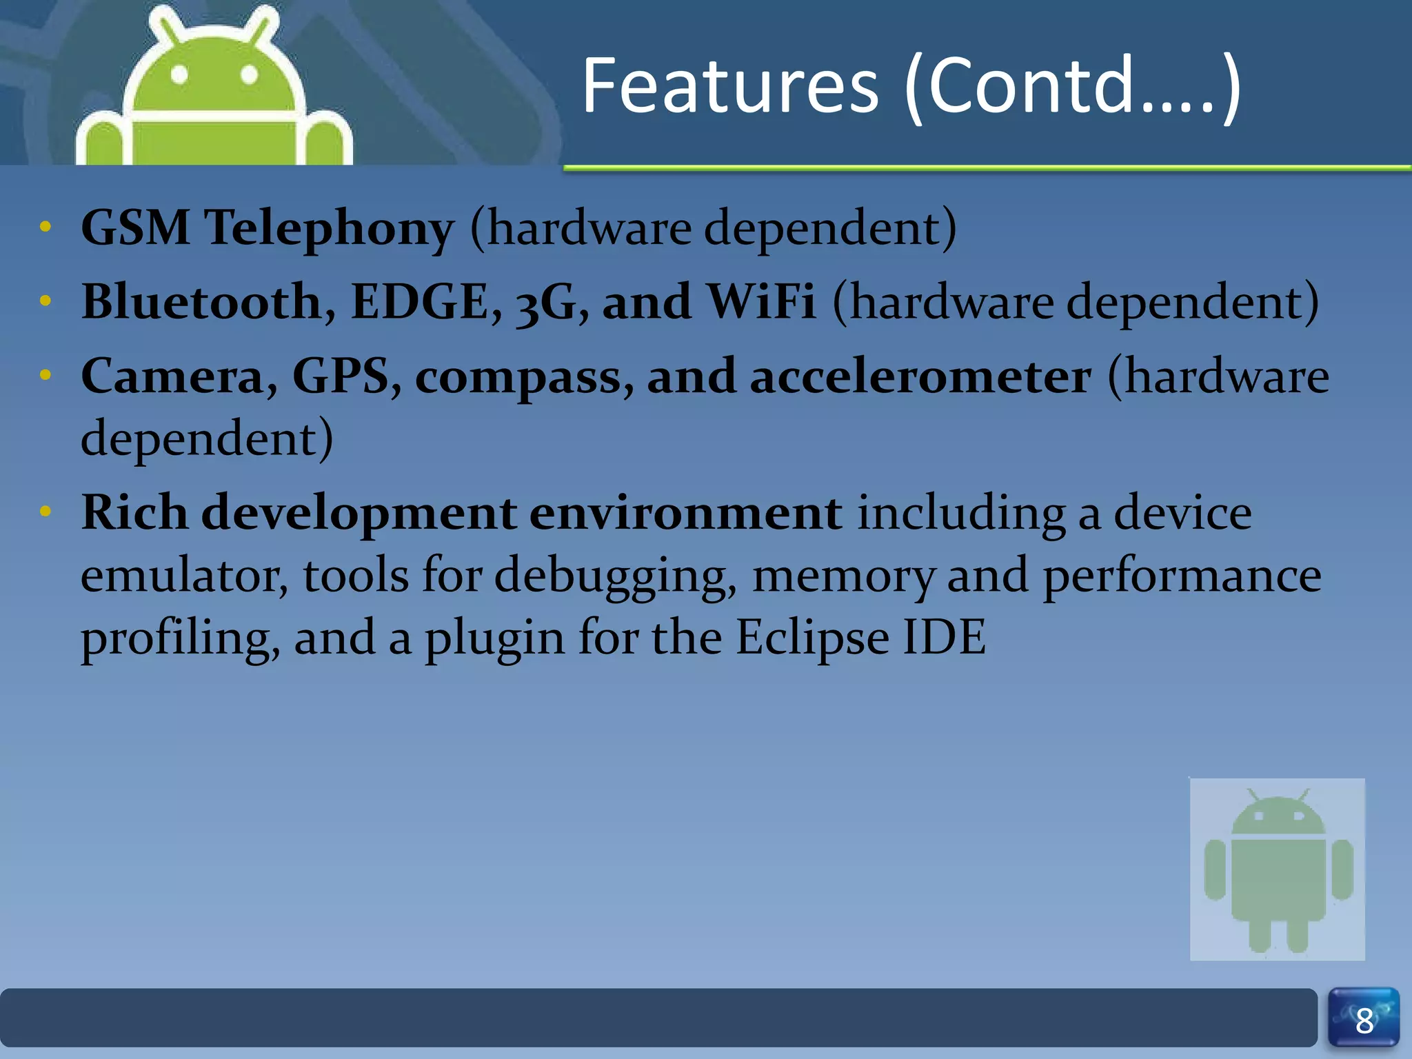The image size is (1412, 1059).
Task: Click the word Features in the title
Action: (x=730, y=86)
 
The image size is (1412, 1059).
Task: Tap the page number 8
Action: (x=1364, y=1021)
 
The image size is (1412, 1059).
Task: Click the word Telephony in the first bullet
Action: (x=330, y=228)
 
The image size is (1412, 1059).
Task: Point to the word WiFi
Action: (x=761, y=302)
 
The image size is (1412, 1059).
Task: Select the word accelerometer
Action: (x=920, y=377)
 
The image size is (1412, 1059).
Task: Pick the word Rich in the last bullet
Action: (x=134, y=513)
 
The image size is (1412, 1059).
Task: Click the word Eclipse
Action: (x=812, y=638)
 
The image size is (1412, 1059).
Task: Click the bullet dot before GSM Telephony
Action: (x=46, y=227)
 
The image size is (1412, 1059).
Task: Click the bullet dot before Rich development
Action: (x=46, y=512)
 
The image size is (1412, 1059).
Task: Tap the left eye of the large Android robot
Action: (x=179, y=74)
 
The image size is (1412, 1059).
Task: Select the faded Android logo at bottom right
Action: (x=1277, y=869)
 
